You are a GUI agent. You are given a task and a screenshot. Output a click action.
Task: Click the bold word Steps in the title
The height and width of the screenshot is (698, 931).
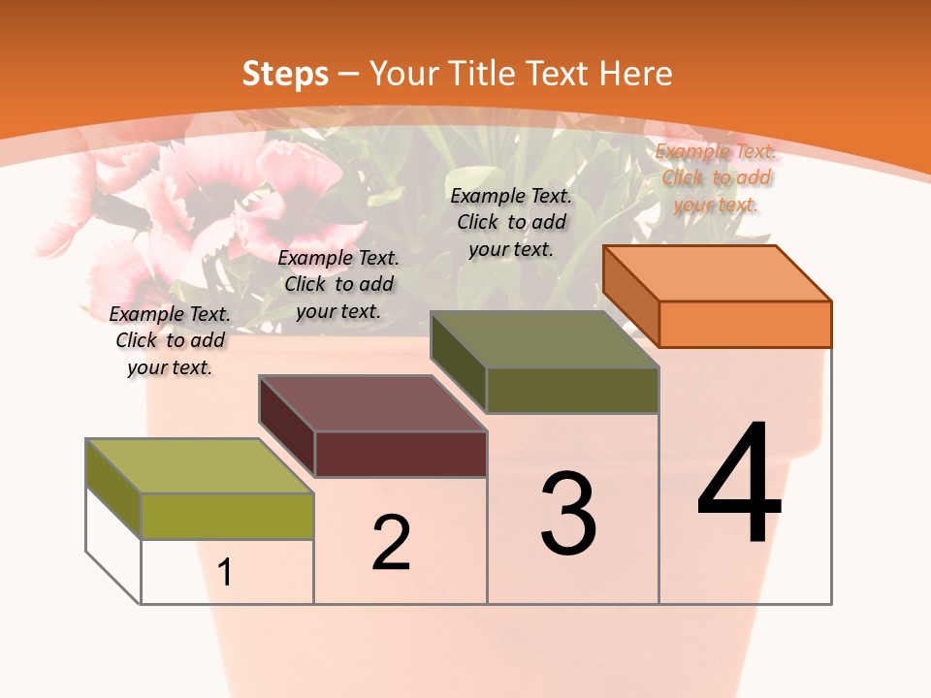point(285,74)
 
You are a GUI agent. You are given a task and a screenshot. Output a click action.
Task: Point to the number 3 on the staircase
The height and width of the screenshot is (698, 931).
point(568,514)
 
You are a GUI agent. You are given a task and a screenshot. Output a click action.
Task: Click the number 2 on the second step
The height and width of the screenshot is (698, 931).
point(391,544)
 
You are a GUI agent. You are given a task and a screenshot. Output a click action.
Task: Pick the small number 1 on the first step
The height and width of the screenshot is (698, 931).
point(225,573)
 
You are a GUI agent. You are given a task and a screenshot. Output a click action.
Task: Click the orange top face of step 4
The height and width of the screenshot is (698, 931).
point(718,272)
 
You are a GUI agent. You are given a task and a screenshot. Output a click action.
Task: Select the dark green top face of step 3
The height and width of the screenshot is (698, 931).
point(545,339)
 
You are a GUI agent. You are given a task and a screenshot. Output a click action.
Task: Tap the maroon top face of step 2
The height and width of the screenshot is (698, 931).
point(372,403)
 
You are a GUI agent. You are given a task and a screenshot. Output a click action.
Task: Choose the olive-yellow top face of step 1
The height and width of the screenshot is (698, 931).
point(200,466)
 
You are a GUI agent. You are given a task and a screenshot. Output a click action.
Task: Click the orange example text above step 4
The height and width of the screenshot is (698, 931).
point(716,177)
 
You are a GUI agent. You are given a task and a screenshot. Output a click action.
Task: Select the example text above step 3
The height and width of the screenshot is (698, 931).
point(511,222)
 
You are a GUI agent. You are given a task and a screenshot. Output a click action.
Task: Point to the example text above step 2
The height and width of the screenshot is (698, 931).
point(338,284)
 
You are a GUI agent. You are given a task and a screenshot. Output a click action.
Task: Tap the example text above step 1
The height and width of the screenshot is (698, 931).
point(170,340)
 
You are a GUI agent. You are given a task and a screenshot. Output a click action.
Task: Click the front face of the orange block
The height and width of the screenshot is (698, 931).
point(745,324)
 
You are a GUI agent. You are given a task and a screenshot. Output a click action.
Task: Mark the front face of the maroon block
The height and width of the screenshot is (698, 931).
point(401,454)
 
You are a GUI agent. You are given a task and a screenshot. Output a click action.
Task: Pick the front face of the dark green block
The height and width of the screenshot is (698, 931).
point(572,390)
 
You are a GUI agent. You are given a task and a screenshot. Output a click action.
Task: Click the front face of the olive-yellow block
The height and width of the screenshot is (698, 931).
point(227,516)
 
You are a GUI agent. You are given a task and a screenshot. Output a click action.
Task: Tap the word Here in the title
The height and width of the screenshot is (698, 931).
point(636,74)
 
